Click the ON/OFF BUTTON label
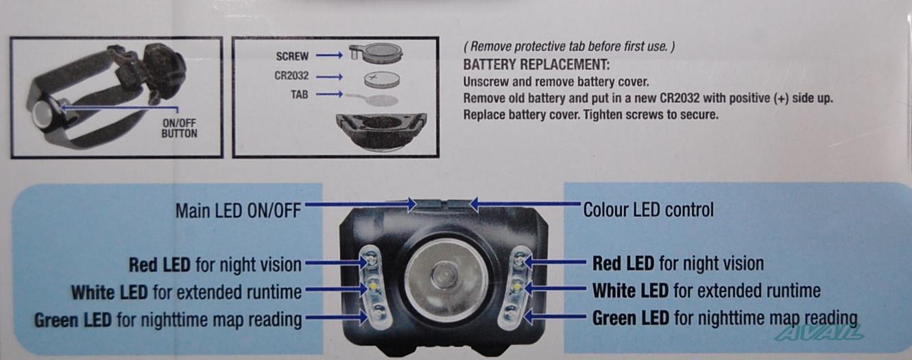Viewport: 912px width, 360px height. click(179, 129)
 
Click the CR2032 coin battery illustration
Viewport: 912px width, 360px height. click(381, 78)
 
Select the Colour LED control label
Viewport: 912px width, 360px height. click(648, 210)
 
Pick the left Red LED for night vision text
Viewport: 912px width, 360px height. click(215, 265)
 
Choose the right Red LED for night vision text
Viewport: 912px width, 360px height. click(677, 263)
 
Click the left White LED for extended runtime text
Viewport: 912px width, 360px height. click(186, 293)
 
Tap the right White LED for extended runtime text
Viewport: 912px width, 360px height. click(706, 291)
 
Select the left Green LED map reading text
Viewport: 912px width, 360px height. click(168, 320)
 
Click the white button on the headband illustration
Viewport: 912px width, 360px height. click(43, 114)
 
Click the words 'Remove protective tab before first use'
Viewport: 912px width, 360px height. click(569, 47)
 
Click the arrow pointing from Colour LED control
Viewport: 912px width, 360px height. click(525, 204)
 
